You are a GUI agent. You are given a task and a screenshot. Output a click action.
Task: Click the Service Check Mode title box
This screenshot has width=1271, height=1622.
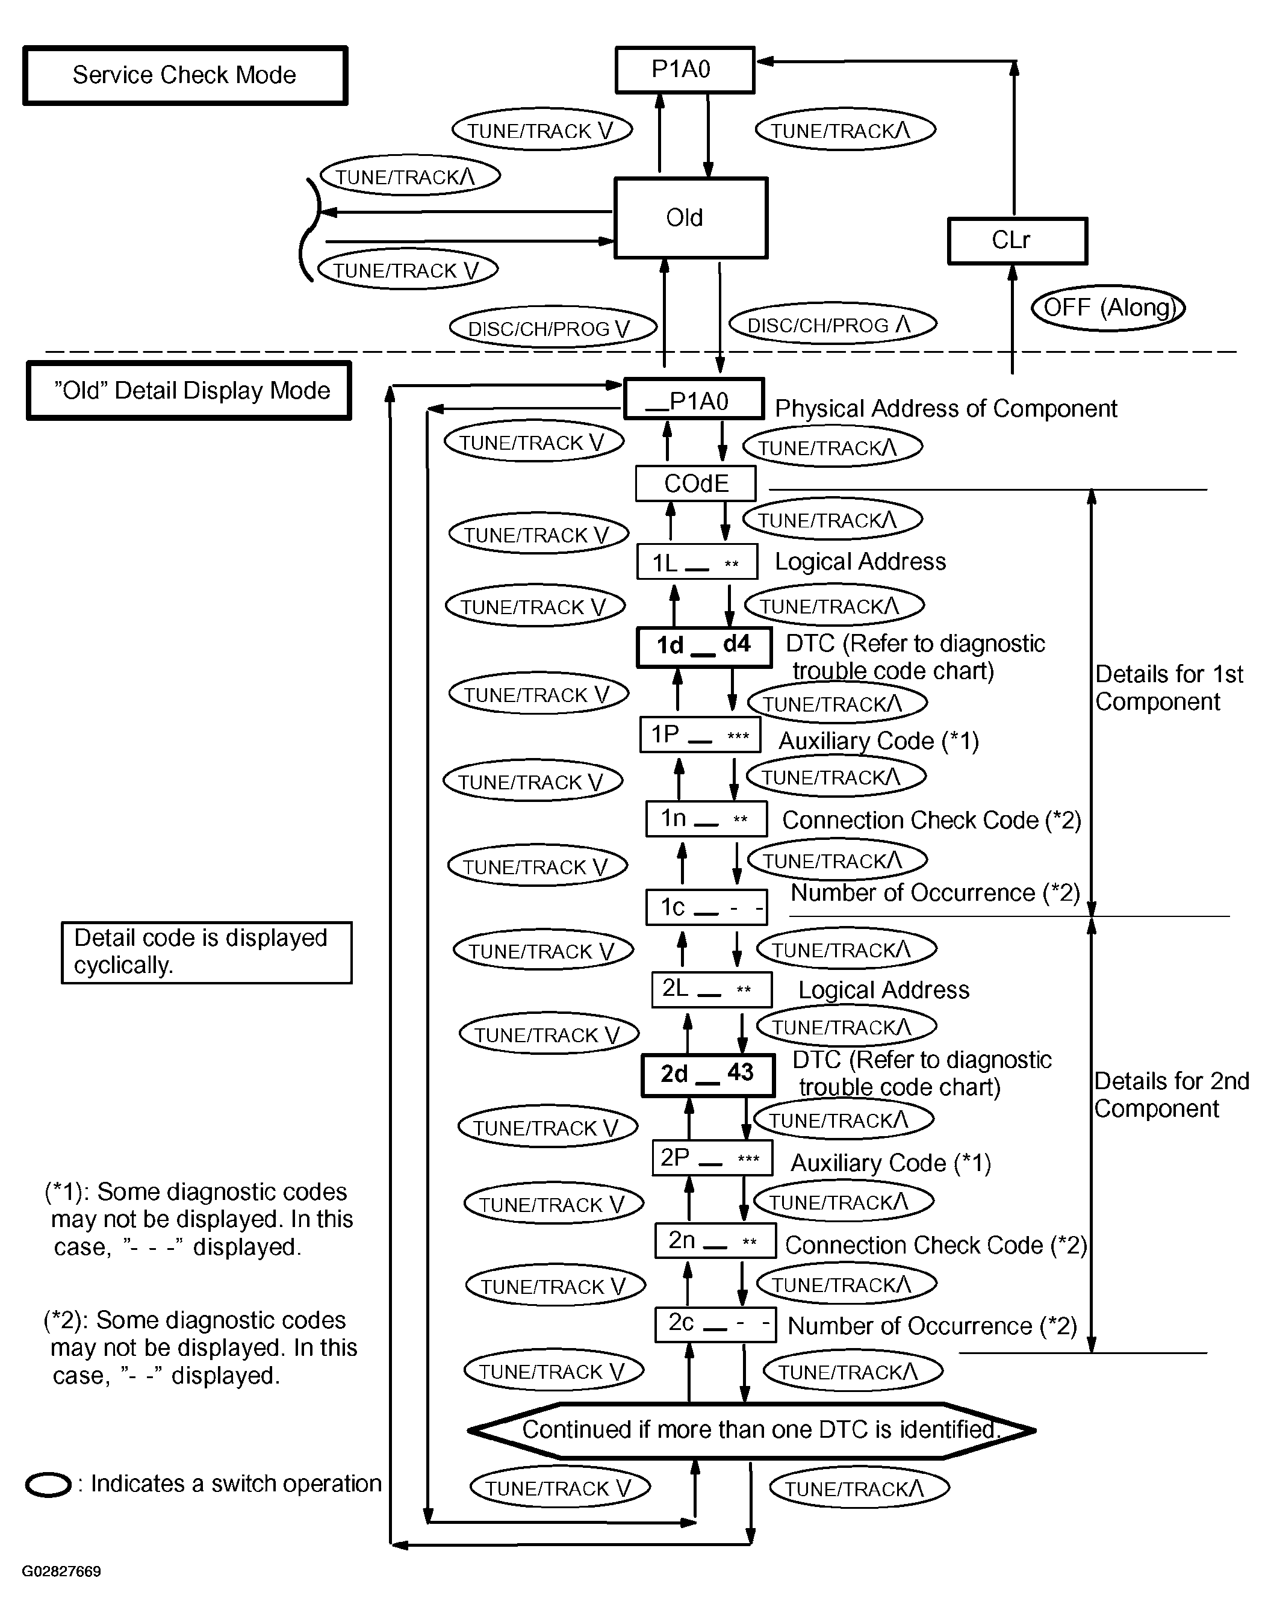click(185, 75)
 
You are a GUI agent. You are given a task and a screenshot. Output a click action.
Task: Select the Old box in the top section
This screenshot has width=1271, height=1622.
click(691, 218)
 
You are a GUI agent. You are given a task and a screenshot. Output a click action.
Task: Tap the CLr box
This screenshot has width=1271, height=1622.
click(1018, 241)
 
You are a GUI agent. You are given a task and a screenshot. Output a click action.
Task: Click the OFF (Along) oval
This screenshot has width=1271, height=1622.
click(1108, 307)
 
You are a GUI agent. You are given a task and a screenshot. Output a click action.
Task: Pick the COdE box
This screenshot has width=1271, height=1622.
click(696, 483)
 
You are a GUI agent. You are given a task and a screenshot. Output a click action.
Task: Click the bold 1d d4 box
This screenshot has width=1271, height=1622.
click(704, 647)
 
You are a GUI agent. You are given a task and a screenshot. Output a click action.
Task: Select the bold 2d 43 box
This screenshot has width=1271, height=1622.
click(707, 1074)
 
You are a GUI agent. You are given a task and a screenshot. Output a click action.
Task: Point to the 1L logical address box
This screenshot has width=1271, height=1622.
click(697, 562)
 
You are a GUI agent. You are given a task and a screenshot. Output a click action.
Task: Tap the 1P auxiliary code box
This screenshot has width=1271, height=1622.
click(700, 735)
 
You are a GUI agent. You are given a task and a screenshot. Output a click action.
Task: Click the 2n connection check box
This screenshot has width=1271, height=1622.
click(715, 1241)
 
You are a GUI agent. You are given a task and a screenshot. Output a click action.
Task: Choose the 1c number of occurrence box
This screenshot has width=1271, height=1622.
click(706, 907)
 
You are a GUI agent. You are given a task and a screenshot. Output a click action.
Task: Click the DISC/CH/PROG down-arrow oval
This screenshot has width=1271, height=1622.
click(553, 327)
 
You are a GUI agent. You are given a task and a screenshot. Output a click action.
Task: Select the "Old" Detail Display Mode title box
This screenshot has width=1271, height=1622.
click(189, 391)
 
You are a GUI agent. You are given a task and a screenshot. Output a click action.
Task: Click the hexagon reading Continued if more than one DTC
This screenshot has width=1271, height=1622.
click(751, 1431)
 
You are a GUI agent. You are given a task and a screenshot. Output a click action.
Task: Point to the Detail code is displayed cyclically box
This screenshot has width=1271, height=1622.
click(207, 952)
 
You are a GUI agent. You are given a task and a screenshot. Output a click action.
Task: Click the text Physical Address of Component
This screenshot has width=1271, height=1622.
click(946, 408)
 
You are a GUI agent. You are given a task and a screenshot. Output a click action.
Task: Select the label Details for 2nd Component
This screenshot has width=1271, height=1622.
click(1171, 1095)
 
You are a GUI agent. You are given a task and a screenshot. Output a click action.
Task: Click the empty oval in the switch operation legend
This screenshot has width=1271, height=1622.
click(48, 1485)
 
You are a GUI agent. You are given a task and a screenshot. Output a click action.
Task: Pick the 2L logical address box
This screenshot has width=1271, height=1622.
click(712, 990)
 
